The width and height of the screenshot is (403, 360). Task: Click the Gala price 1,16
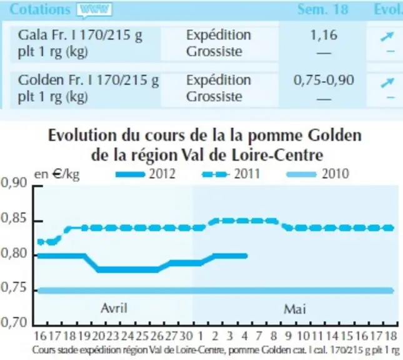pos(324,35)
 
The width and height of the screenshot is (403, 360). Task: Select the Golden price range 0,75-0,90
pos(324,80)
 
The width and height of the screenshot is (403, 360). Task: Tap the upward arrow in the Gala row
pos(387,36)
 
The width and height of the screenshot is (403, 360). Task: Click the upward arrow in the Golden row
pos(387,82)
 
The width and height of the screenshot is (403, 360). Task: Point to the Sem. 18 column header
pos(323,9)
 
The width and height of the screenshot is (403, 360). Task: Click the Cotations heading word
pos(40,9)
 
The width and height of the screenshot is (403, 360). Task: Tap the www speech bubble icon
pos(94,10)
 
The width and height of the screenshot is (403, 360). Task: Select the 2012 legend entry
pos(146,174)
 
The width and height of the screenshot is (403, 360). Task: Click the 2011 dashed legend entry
pos(231,174)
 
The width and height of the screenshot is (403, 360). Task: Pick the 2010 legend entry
pos(317,174)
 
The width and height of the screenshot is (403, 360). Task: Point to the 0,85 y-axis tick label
pos(14,218)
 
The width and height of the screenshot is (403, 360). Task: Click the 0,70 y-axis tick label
pos(14,322)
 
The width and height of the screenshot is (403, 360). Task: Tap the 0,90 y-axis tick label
pos(14,183)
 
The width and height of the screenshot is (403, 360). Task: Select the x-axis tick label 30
pos(186,336)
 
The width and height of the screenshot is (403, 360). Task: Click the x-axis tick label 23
pos(113,336)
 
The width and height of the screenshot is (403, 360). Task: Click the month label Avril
pos(114,307)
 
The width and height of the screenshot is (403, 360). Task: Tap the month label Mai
pos(295,309)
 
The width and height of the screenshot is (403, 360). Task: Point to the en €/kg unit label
pos(57,174)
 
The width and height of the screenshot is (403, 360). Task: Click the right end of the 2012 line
pos(246,256)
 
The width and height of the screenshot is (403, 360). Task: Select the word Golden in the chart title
pos(335,136)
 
